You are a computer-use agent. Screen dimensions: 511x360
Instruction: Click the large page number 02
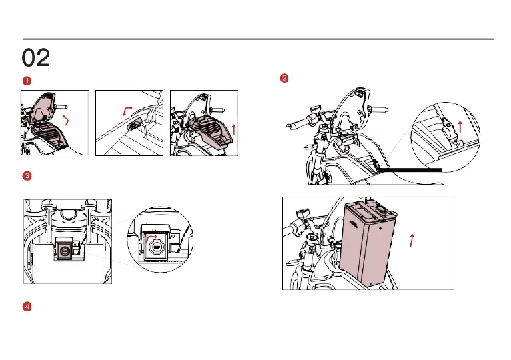pyautogui.click(x=35, y=57)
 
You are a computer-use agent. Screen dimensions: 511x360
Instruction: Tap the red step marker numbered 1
pyautogui.click(x=27, y=81)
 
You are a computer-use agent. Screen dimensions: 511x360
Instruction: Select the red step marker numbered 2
pyautogui.click(x=284, y=78)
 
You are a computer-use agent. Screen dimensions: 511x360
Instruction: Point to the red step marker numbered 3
pyautogui.click(x=27, y=176)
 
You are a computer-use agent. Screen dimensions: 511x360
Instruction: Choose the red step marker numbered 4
pyautogui.click(x=27, y=307)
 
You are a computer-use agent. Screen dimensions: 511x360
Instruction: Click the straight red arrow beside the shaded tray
pyautogui.click(x=233, y=129)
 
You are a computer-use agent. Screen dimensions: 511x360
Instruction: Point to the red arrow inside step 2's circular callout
pyautogui.click(x=460, y=127)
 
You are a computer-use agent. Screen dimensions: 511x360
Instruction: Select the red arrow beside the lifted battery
pyautogui.click(x=412, y=241)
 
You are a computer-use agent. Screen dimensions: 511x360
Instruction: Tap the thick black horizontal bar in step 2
pyautogui.click(x=410, y=170)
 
